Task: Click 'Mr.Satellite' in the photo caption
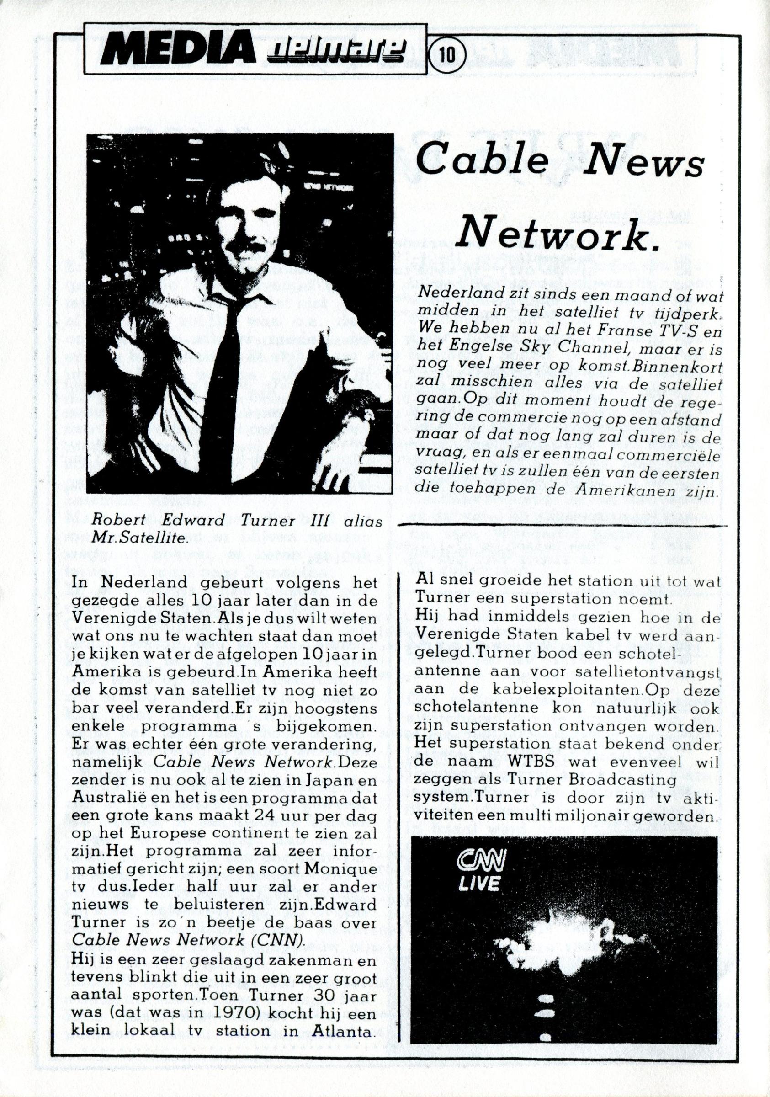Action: pos(139,538)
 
